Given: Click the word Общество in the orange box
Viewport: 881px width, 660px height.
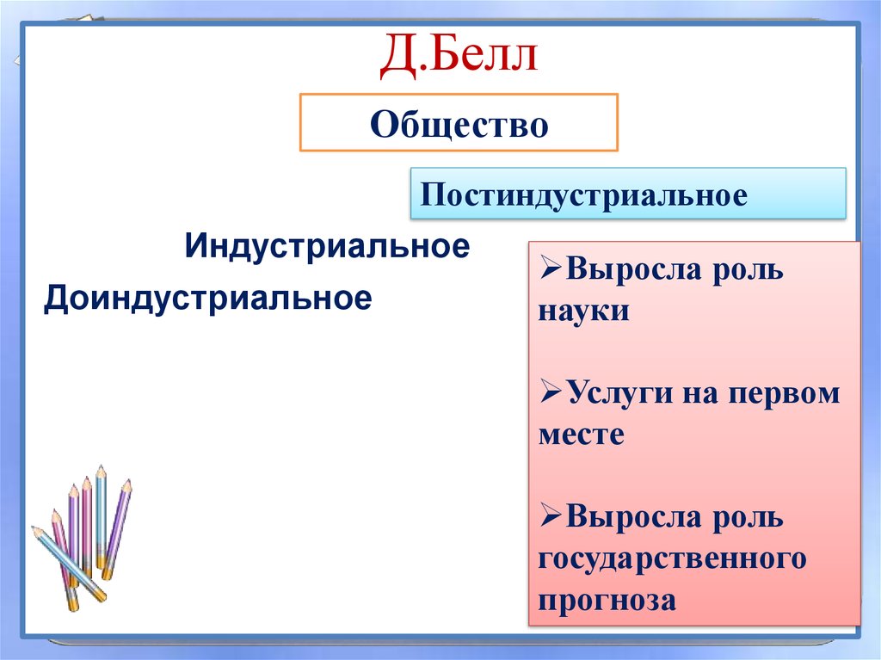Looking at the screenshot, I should click(x=459, y=125).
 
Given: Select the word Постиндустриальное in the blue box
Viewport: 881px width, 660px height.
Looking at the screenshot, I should click(x=583, y=194).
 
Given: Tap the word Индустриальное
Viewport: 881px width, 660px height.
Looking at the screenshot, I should click(x=326, y=247).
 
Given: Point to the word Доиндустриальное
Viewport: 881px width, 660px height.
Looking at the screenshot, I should click(x=208, y=299).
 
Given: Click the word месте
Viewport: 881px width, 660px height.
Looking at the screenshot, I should click(x=581, y=435).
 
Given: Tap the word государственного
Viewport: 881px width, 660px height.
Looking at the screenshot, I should click(x=672, y=558).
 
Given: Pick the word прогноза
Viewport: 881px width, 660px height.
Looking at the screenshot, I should click(x=607, y=600).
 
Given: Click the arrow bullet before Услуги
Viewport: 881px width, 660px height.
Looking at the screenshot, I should click(x=551, y=394).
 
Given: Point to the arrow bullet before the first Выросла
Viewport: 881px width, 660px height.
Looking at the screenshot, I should click(x=551, y=270).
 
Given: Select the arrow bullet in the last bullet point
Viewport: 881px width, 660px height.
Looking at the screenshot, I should click(x=551, y=518).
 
